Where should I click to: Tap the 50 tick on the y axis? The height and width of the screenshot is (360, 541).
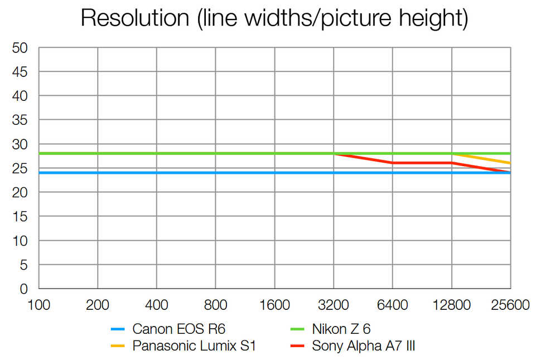click(x=20, y=48)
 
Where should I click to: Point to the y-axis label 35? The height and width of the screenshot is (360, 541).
click(x=20, y=120)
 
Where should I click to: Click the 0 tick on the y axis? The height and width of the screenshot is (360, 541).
click(x=24, y=289)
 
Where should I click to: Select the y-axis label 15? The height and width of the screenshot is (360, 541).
click(x=20, y=217)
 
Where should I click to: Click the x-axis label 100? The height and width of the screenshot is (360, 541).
click(x=38, y=306)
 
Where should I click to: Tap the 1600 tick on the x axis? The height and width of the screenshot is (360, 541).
click(x=274, y=306)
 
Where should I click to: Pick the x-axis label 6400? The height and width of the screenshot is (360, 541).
click(x=393, y=306)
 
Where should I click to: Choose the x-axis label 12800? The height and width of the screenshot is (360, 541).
click(x=451, y=306)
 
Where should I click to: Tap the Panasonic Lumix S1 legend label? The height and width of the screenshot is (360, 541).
click(x=194, y=346)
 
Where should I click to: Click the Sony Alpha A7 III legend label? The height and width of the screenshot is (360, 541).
click(x=363, y=346)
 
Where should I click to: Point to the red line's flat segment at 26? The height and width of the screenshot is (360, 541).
click(x=422, y=163)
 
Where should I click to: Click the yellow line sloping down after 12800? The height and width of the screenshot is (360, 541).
click(x=481, y=158)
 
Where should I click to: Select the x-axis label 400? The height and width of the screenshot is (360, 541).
click(x=156, y=306)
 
